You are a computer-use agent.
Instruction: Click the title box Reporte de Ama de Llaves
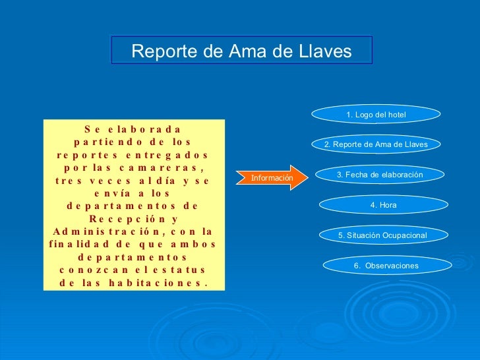pos(241,51)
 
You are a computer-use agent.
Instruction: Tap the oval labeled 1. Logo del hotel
pos(376,115)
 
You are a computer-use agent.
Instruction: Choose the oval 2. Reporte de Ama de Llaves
pos(376,144)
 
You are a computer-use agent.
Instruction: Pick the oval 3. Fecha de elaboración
pos(379,175)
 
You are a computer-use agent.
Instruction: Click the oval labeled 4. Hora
pos(383,205)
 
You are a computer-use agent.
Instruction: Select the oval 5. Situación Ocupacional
pos(382,235)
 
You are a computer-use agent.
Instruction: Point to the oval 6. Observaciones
pos(386,266)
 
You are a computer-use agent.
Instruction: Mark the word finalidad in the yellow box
pos(80,245)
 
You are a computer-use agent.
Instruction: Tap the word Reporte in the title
pos(160,51)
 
